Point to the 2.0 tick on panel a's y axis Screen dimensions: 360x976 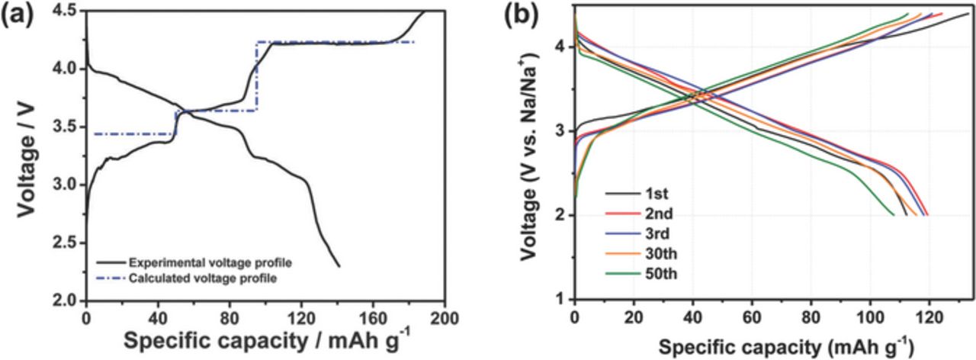(x=68, y=301)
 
